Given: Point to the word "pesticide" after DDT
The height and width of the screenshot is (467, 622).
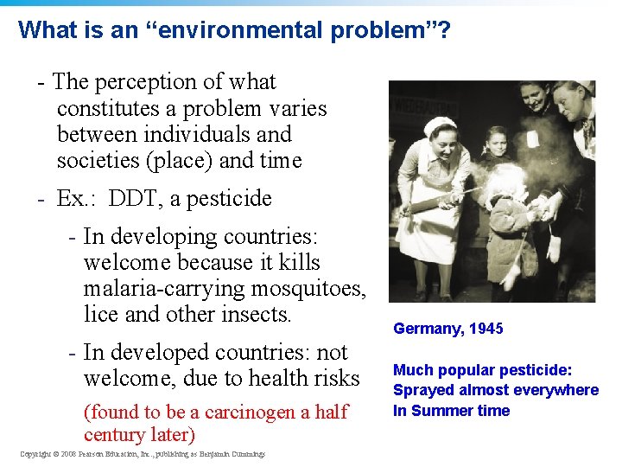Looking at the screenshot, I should [x=228, y=199].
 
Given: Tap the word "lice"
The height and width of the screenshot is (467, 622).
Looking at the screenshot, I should [x=101, y=315].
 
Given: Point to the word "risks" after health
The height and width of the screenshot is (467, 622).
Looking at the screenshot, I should [x=333, y=379].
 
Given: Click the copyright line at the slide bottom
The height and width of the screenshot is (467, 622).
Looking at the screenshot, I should [x=143, y=454].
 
